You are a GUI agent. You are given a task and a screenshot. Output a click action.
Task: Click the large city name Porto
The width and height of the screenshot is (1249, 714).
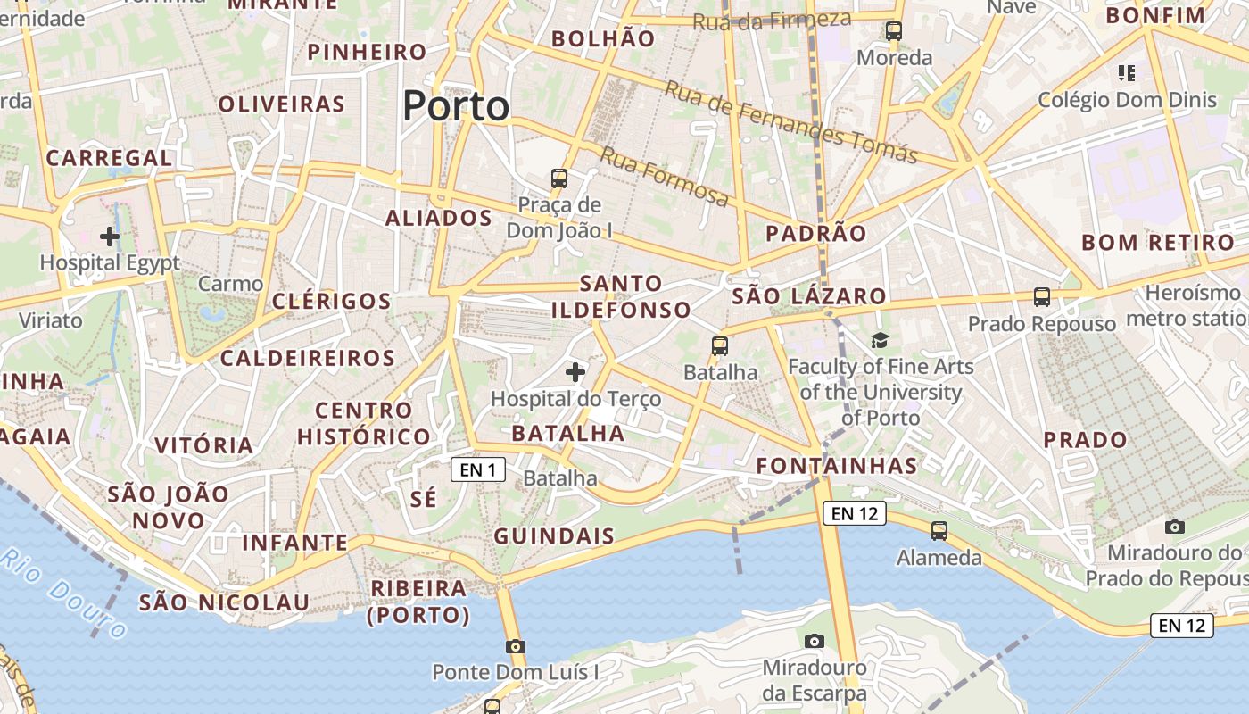[x=456, y=106]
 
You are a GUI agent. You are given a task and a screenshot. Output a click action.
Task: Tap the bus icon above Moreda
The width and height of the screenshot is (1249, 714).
[x=894, y=31]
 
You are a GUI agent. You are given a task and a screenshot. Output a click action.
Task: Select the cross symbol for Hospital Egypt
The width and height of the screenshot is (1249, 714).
[x=110, y=237]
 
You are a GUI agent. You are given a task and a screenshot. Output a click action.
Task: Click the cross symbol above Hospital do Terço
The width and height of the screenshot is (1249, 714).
[x=575, y=371]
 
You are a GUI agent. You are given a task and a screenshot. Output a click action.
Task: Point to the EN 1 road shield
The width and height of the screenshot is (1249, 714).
[x=478, y=469]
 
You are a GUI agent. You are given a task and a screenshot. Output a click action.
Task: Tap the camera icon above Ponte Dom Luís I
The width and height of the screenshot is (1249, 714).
[x=515, y=646]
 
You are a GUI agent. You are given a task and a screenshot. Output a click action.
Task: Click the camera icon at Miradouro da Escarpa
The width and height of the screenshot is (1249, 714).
[x=814, y=641]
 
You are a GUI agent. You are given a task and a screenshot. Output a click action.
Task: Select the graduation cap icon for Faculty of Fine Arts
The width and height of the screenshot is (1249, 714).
[x=881, y=340]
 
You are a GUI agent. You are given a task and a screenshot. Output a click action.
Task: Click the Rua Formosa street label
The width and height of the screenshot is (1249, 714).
[x=664, y=176]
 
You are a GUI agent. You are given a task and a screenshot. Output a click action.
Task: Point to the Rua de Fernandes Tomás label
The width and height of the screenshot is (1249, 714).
[x=791, y=123]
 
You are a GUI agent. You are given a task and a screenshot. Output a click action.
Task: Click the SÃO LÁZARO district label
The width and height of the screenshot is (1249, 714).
[x=809, y=296]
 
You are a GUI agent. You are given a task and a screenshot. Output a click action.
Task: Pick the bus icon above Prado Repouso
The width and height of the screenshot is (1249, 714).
[x=1042, y=296]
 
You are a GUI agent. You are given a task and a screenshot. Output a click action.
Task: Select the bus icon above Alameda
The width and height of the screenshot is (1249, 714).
[x=939, y=531]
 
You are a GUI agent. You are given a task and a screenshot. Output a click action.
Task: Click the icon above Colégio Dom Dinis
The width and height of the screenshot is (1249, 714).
[x=1126, y=72]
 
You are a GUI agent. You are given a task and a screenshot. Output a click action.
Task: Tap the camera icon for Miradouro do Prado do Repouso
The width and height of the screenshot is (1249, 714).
[x=1175, y=527]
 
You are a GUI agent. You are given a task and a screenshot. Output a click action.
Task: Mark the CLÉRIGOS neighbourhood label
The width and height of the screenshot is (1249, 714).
[x=331, y=301]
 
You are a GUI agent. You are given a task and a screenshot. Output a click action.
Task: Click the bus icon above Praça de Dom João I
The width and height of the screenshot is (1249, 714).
[x=559, y=178]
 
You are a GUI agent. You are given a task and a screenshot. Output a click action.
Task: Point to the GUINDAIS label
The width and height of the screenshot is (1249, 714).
[x=554, y=536]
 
